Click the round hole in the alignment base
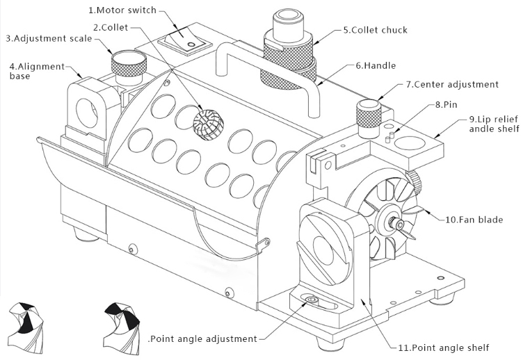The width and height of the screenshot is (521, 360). coord(88,109)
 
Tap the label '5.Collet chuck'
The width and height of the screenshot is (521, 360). coord(375,30)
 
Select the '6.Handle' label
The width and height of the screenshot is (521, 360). coord(375,65)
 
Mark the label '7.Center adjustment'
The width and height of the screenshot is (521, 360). coord(452,84)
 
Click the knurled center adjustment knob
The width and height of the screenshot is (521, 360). coord(368,112)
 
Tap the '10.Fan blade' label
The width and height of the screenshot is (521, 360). coord(474,220)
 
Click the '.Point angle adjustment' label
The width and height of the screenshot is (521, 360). coord(202,338)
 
